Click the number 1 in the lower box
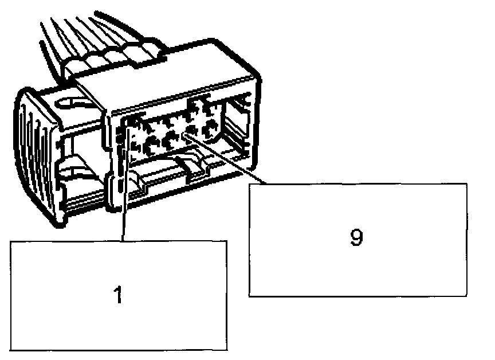[117, 296]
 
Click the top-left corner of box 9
[250, 184]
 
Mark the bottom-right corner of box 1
[227, 350]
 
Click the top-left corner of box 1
[11, 240]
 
